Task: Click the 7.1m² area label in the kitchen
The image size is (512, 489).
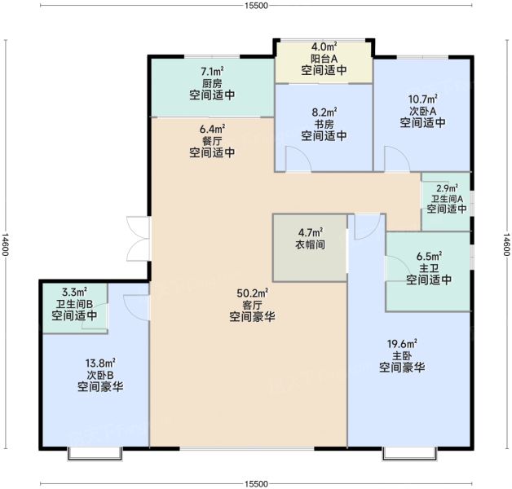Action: pyautogui.click(x=213, y=71)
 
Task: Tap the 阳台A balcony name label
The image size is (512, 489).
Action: pyautogui.click(x=324, y=59)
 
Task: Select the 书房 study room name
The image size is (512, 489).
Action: pyautogui.click(x=324, y=124)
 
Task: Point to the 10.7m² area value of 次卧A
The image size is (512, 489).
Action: pyautogui.click(x=422, y=99)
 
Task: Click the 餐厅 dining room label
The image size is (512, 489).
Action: pyautogui.click(x=213, y=140)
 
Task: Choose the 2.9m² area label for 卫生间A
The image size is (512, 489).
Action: pyautogui.click(x=446, y=187)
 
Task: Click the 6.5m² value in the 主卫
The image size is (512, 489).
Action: pyautogui.click(x=429, y=255)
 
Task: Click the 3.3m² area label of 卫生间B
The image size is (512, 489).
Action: pyautogui.click(x=74, y=291)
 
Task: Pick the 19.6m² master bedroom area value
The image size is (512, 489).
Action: pyautogui.click(x=402, y=343)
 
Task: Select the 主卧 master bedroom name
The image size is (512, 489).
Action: pyautogui.click(x=402, y=355)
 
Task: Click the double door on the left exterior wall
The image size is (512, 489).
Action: pyautogui.click(x=135, y=239)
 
